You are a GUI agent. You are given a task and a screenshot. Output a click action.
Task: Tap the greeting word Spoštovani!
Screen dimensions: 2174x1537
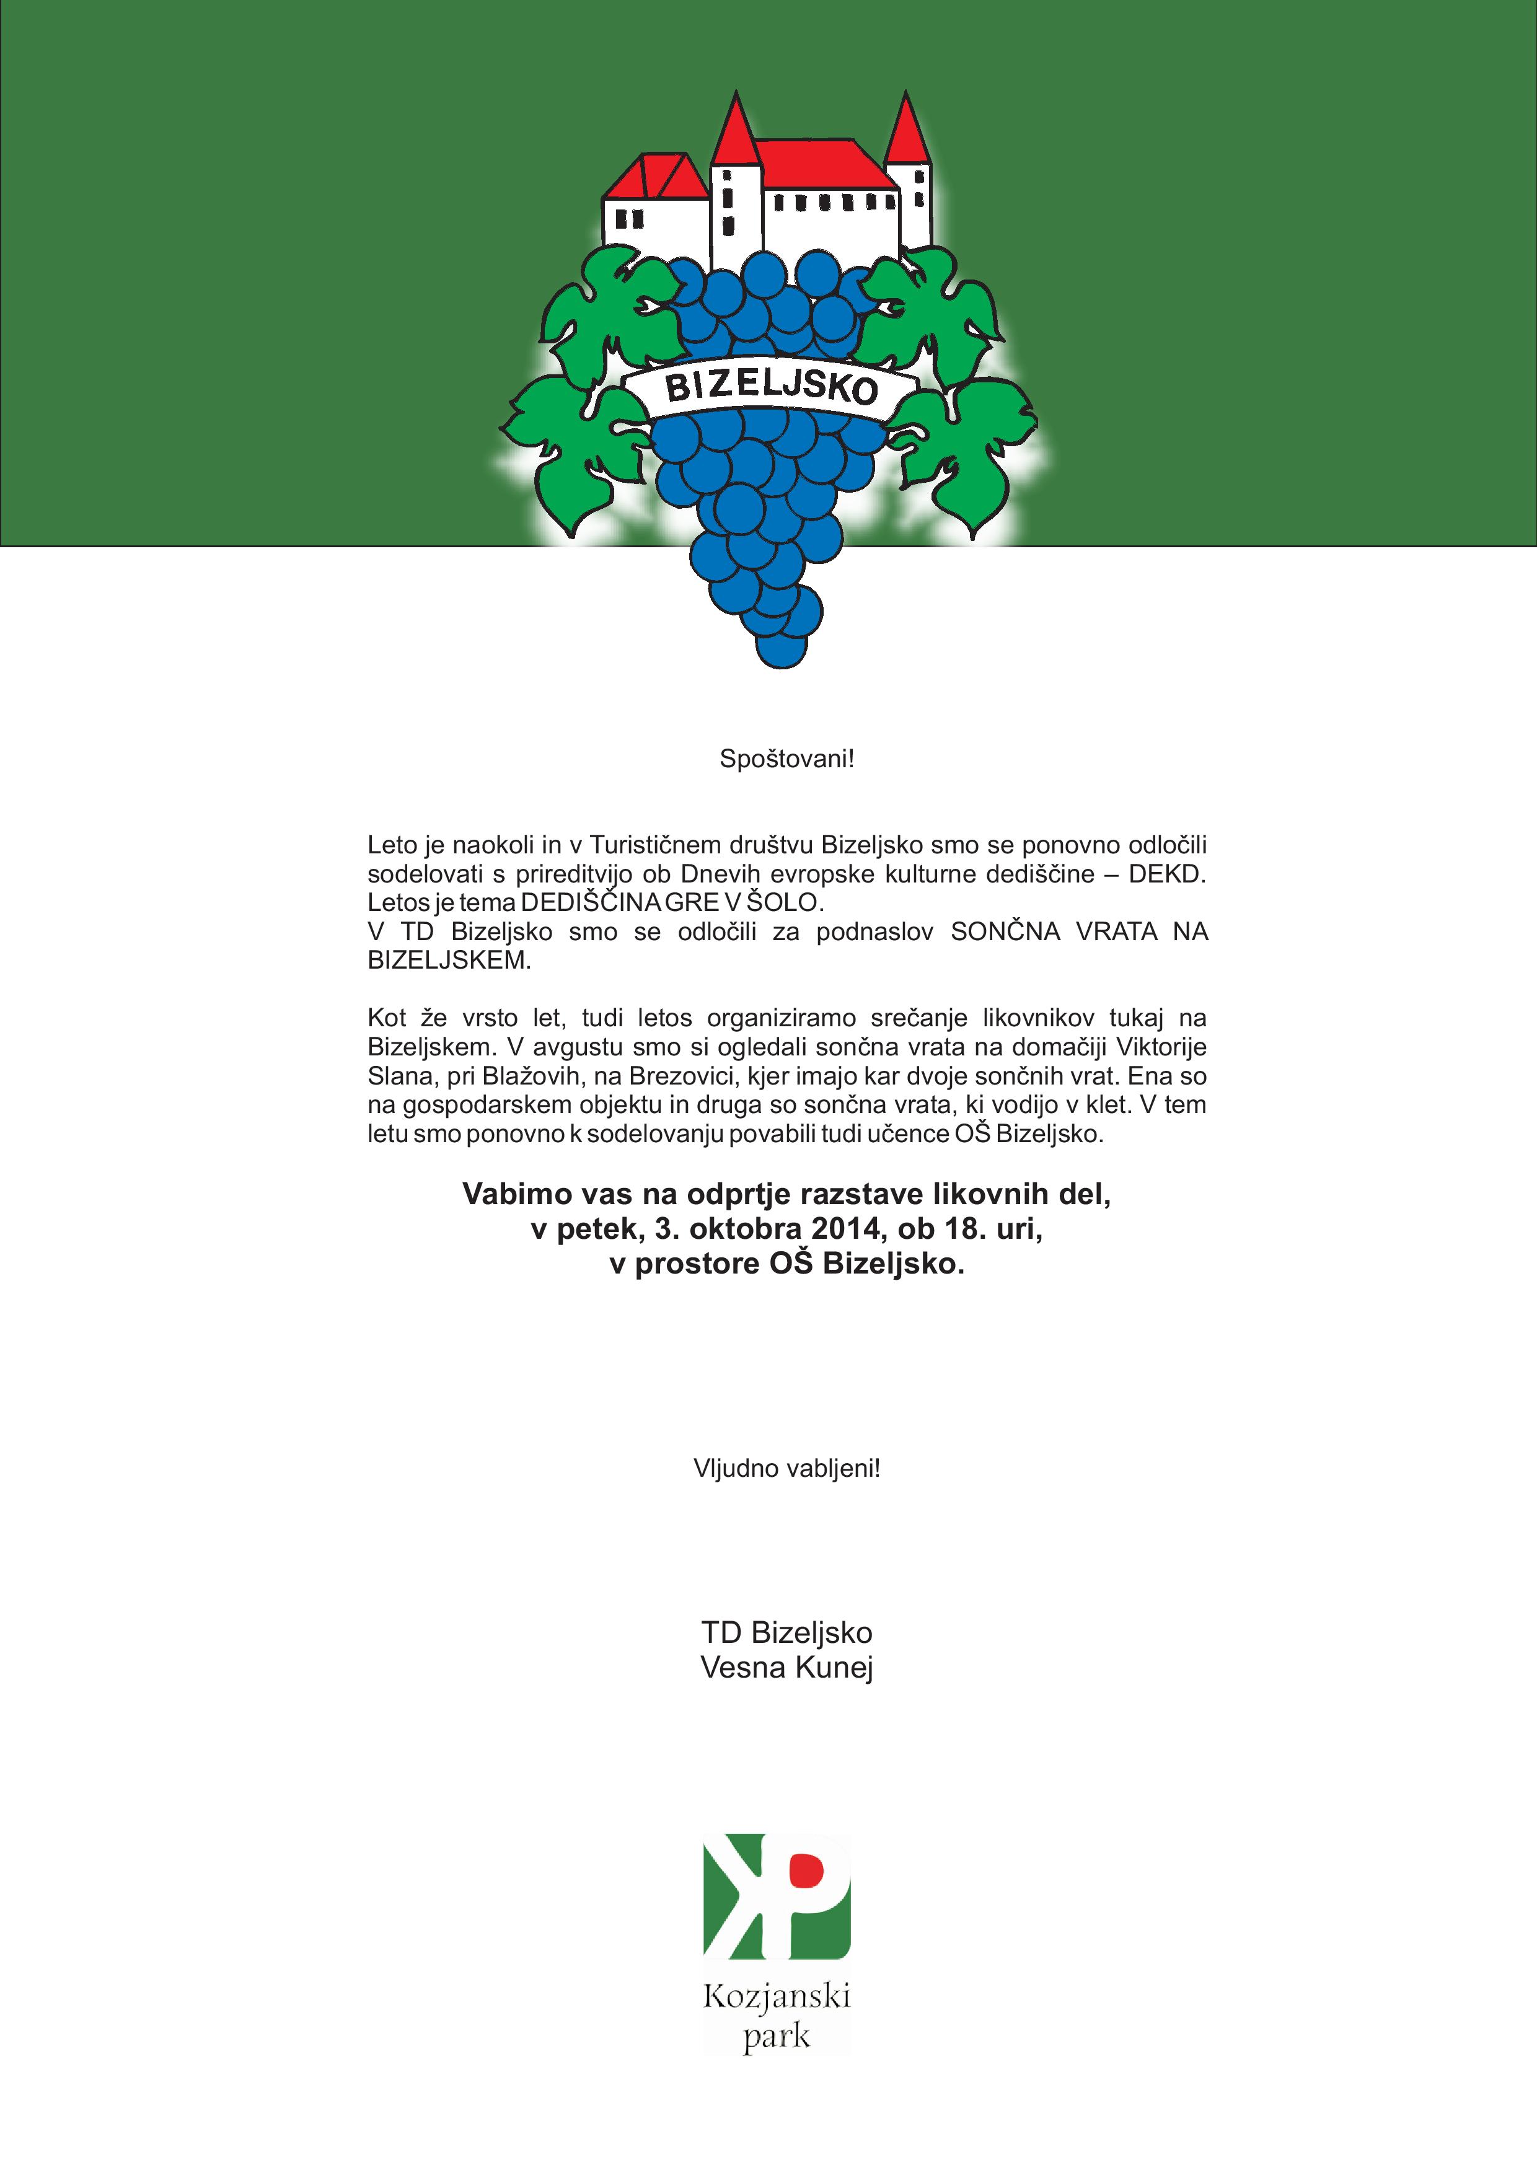(786, 759)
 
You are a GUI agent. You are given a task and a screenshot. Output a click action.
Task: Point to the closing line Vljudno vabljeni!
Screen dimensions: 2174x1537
(786, 1469)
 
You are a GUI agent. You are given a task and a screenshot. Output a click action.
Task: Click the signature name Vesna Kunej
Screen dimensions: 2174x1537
(786, 1668)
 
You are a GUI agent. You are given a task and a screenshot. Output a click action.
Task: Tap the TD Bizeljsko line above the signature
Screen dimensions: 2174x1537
(786, 1632)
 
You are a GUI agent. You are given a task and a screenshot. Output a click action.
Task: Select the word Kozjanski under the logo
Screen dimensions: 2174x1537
(777, 1997)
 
